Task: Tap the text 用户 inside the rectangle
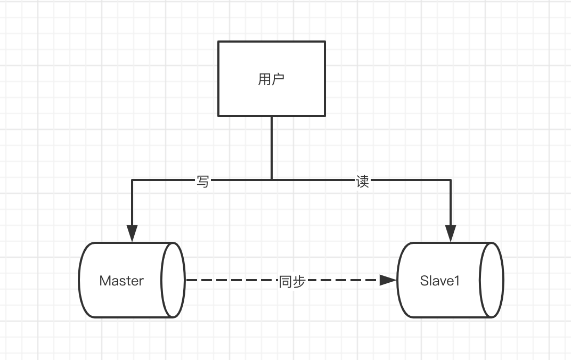click(272, 79)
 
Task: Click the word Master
click(121, 281)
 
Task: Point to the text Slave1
click(439, 281)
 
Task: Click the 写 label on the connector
click(203, 182)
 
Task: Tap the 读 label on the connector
click(362, 182)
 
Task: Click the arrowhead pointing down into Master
click(132, 233)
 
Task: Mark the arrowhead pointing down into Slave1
click(451, 233)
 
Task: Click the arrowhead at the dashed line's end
click(388, 280)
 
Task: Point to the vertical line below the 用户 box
click(272, 146)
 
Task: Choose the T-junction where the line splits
click(272, 180)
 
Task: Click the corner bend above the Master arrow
click(132, 181)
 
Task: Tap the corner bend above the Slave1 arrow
click(451, 181)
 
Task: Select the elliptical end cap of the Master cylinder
click(173, 280)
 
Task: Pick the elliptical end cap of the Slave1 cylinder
click(492, 280)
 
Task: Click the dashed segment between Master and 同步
click(232, 280)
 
